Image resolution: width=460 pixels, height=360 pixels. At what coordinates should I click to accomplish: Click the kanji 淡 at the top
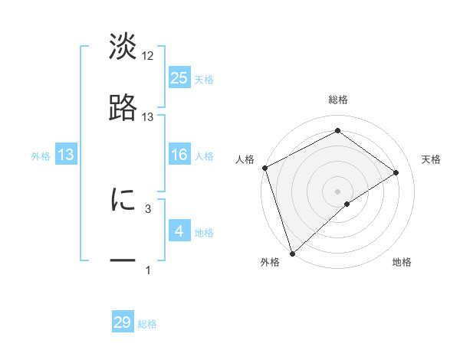123,47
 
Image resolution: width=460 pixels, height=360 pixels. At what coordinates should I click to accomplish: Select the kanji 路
123,108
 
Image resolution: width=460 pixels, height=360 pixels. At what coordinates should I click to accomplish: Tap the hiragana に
123,200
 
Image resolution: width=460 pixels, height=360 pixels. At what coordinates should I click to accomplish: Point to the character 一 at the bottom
123,260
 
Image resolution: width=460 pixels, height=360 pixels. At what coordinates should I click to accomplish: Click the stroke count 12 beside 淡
148,56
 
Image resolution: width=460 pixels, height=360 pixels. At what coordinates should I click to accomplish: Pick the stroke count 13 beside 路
148,116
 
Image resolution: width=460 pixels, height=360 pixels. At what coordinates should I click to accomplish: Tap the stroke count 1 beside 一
148,270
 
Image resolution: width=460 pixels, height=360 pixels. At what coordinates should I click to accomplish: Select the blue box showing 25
179,78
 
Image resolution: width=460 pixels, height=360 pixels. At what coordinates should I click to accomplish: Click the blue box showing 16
179,155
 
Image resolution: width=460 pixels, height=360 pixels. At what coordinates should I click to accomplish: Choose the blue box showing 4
179,231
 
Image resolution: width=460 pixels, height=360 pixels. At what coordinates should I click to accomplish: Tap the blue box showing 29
123,322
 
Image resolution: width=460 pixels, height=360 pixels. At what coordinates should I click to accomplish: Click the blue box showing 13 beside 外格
66,155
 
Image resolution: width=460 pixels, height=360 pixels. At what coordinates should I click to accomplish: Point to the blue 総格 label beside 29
147,324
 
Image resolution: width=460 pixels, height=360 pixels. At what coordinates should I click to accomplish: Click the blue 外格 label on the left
41,156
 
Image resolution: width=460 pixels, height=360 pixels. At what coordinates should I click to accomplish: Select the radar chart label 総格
337,100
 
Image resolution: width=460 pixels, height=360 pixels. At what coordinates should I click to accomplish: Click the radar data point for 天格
396,172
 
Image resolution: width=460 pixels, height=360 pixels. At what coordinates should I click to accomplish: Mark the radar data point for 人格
264,168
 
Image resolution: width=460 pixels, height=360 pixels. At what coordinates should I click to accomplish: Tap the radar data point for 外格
292,252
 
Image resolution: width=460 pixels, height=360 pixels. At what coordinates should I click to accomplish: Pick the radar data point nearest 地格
347,204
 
